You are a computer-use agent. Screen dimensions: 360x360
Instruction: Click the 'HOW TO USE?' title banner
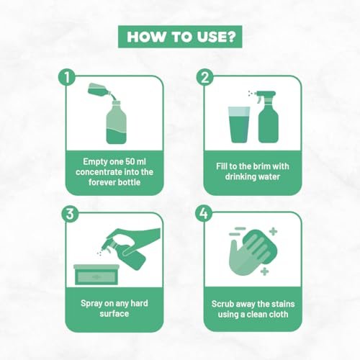click(x=180, y=37)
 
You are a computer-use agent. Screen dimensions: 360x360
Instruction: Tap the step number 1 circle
click(x=67, y=78)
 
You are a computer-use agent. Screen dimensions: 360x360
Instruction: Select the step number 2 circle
click(x=204, y=78)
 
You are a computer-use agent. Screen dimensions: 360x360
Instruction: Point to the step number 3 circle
click(x=70, y=214)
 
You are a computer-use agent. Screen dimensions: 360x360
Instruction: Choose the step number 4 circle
click(x=204, y=213)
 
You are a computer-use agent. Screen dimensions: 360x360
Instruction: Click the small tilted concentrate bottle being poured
click(x=99, y=90)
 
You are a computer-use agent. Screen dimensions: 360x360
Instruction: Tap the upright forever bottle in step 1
click(x=116, y=122)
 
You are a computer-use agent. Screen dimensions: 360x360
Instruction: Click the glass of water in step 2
click(x=239, y=125)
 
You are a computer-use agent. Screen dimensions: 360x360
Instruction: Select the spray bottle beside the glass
click(x=269, y=117)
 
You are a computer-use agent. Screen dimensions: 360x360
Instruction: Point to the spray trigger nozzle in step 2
click(x=264, y=95)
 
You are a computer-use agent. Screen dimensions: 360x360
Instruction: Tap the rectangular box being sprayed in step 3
click(x=96, y=274)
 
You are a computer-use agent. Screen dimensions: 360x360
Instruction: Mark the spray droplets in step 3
click(x=99, y=252)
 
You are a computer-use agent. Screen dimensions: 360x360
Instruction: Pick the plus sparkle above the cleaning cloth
click(x=273, y=232)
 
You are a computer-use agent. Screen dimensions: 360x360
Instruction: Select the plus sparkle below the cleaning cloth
click(x=264, y=271)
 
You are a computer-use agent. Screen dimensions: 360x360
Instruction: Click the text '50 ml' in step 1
click(x=135, y=161)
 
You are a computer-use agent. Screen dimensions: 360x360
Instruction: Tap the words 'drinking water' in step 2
click(x=253, y=177)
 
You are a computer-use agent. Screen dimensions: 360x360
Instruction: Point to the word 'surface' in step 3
click(x=114, y=314)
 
